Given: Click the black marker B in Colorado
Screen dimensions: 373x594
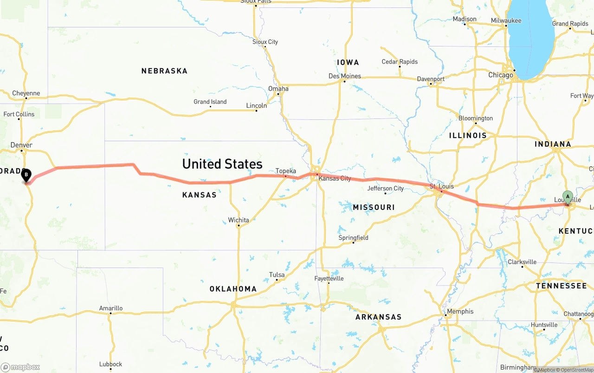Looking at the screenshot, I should (x=26, y=176).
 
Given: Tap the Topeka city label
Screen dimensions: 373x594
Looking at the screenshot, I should (x=285, y=171).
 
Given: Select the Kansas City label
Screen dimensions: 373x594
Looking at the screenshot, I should (x=335, y=178).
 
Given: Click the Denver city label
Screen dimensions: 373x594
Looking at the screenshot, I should (x=21, y=145).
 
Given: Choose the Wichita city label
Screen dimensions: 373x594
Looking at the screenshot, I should (x=239, y=220).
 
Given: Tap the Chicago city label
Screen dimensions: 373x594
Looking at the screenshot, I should (x=500, y=75).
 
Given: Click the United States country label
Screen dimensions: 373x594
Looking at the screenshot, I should (x=222, y=164).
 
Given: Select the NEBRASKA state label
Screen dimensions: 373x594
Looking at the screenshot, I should (x=164, y=71).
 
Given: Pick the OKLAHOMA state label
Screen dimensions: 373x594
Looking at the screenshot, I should (x=233, y=289).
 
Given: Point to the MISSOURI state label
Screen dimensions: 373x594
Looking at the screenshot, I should (x=374, y=207).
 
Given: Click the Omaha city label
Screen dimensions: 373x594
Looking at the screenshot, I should (x=278, y=89).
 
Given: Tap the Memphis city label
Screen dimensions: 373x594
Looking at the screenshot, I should (x=460, y=311).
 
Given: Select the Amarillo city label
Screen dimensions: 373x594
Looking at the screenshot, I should (x=111, y=308).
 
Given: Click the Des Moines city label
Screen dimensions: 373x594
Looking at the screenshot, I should (x=344, y=76).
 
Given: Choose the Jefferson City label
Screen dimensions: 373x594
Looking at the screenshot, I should (x=385, y=188).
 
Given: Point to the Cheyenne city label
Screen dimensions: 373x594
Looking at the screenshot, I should (x=26, y=93).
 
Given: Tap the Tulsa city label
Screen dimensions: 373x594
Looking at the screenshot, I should (x=277, y=275).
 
